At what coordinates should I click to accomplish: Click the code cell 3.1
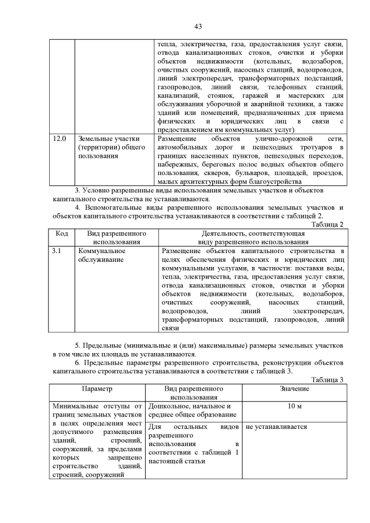[57, 251]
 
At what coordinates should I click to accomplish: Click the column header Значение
[294, 389]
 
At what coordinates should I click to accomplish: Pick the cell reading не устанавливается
[276, 427]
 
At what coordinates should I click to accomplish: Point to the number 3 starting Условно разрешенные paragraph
[77, 190]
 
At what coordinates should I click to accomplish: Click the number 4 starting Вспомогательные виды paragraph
[77, 207]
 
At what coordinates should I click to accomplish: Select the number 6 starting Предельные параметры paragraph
[77, 362]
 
